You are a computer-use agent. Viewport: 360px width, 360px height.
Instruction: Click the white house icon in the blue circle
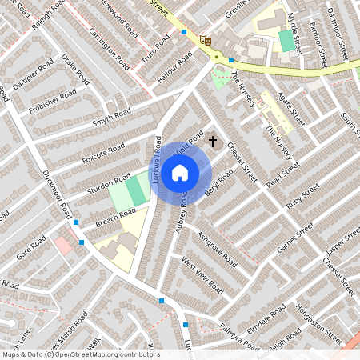point(180,172)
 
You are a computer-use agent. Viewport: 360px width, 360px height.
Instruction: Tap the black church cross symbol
point(212,142)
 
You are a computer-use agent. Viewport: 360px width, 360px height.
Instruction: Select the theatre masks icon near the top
point(206,38)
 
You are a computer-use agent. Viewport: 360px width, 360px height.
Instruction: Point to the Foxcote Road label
point(104,154)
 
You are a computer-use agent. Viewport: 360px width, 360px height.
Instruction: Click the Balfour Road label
point(174,63)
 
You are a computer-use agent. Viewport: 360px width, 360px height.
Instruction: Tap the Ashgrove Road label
point(217,249)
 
